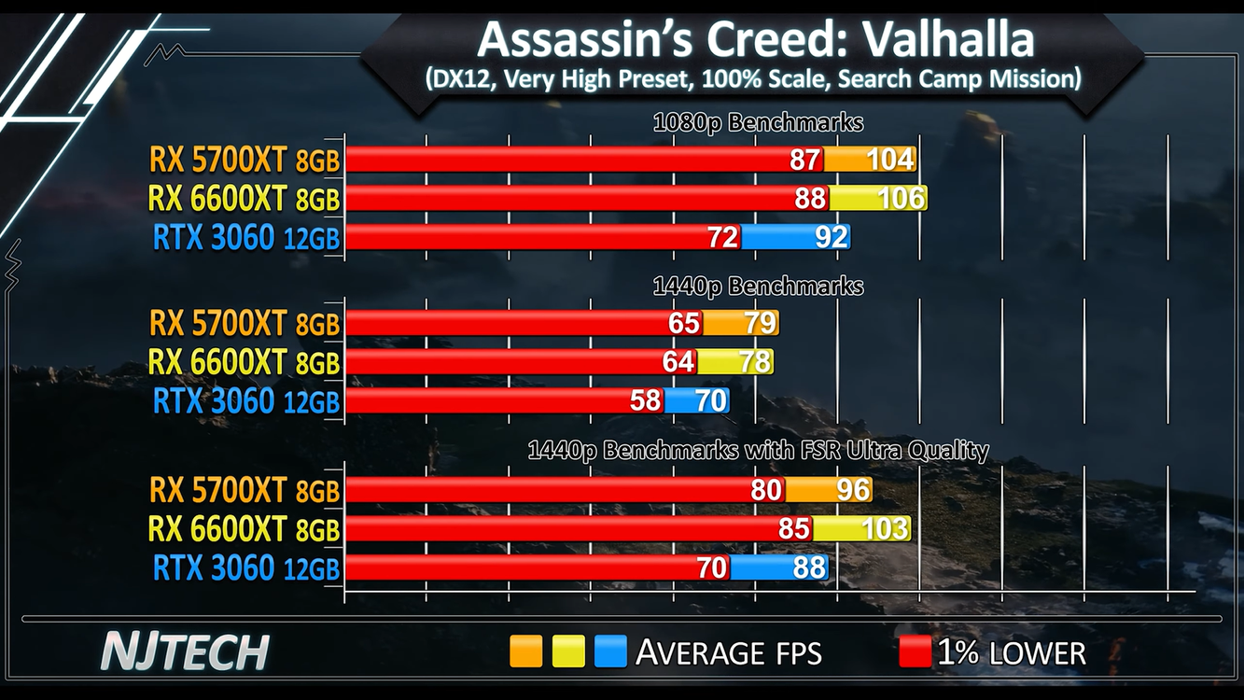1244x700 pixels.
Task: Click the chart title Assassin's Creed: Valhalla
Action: (x=756, y=39)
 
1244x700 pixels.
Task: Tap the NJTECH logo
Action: (x=184, y=651)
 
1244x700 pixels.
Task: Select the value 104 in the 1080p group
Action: (x=889, y=160)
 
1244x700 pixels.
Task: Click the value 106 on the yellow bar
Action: (x=901, y=198)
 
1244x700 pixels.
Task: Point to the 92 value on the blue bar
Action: (x=831, y=237)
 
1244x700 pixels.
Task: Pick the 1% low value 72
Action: (x=723, y=237)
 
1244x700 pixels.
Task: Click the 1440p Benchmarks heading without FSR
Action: (x=758, y=286)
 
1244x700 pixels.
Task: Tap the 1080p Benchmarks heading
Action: (x=758, y=122)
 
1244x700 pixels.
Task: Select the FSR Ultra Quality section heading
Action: (x=758, y=451)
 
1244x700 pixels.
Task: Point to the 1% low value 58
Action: (x=645, y=401)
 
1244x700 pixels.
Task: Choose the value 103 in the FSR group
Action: (x=884, y=529)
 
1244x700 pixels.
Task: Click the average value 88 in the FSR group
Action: (x=808, y=567)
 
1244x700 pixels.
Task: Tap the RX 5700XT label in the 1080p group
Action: (x=245, y=160)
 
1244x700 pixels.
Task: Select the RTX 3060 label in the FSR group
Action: (x=246, y=567)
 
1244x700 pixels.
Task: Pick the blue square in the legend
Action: (x=610, y=651)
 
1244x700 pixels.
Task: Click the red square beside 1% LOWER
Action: (x=915, y=651)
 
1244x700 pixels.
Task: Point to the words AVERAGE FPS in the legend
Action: (x=728, y=652)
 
